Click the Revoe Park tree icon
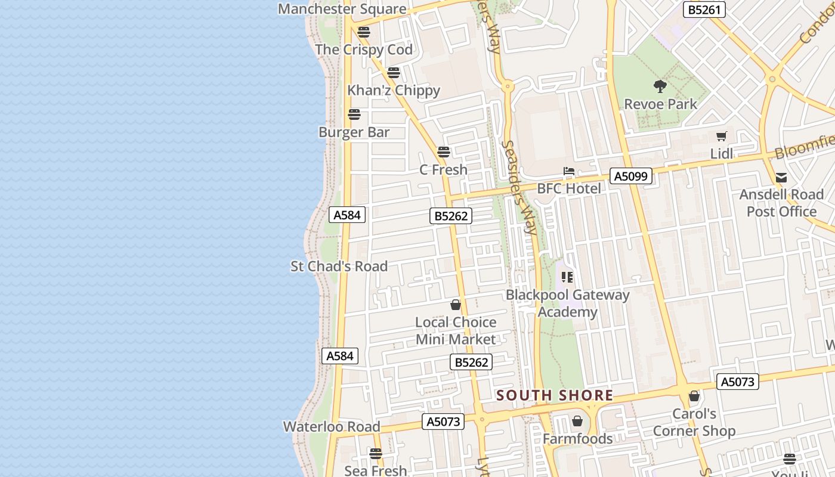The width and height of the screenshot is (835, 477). (660, 86)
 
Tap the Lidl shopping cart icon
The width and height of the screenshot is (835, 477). (722, 136)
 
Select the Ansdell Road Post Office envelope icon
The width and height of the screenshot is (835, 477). (781, 177)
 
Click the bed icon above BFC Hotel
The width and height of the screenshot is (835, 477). (569, 172)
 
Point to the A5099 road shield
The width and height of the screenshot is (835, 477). (631, 176)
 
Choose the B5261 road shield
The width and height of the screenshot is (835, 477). (704, 10)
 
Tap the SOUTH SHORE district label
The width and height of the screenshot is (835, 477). (555, 395)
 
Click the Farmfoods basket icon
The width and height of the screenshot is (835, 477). (577, 422)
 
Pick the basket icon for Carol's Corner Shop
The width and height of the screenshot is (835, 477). (694, 396)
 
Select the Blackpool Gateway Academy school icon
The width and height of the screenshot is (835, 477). (567, 277)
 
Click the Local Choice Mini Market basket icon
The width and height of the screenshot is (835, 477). (456, 305)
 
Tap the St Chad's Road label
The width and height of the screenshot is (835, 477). (339, 267)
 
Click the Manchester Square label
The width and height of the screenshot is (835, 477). (342, 9)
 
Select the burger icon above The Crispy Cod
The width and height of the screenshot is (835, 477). (363, 32)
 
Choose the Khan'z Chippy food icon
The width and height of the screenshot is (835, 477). (394, 73)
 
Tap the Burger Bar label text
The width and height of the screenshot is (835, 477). (354, 132)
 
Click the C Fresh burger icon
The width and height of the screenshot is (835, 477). (443, 152)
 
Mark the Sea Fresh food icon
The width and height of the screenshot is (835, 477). (375, 454)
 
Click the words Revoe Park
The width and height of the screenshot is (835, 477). (660, 104)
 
